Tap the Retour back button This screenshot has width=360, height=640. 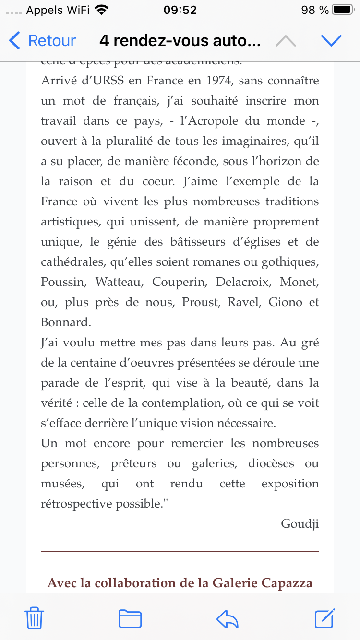pos(43,41)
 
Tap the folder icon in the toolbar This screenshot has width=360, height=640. pos(130,618)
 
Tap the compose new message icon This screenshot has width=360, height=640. pos(324,618)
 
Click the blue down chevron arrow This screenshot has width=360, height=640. pos(331,41)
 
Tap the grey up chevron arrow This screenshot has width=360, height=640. pos(286,41)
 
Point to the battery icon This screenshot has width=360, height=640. pos(343,10)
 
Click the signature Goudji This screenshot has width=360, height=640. pos(300,523)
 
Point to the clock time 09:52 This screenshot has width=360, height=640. pos(180,10)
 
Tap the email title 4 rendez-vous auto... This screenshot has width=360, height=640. pos(180,41)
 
